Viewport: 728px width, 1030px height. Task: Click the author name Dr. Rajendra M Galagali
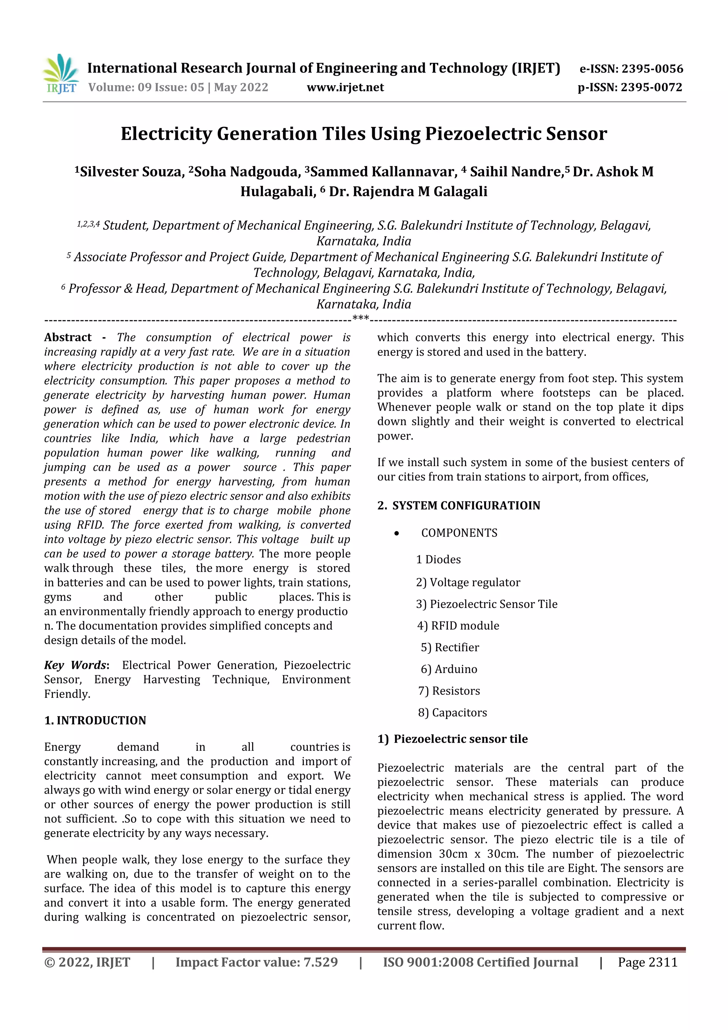click(408, 192)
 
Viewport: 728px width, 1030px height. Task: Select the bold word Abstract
click(68, 337)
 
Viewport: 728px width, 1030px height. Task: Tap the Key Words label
click(76, 665)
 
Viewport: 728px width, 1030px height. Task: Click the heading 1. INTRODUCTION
click(95, 720)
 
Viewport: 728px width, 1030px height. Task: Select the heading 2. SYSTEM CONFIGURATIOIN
click(459, 506)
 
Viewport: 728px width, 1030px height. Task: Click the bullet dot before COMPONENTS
click(396, 533)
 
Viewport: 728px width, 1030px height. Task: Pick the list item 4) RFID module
click(458, 626)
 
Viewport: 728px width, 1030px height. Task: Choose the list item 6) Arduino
click(449, 669)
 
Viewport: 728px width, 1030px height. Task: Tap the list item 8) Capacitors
click(452, 713)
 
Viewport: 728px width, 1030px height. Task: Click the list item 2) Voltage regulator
click(468, 582)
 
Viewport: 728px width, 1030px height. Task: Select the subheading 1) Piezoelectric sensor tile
click(452, 739)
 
